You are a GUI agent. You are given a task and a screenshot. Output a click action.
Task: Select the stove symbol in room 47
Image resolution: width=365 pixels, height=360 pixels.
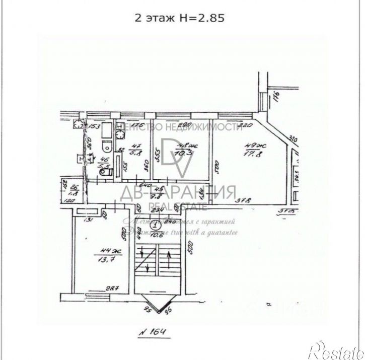119,134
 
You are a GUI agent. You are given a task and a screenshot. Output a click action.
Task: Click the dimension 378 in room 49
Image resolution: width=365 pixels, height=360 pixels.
246,203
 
